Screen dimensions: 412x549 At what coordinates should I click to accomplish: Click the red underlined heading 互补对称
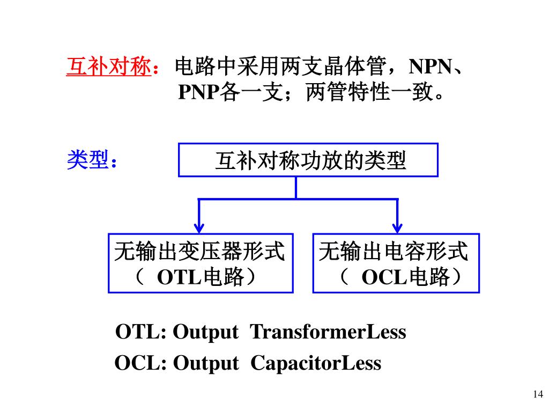(x=108, y=68)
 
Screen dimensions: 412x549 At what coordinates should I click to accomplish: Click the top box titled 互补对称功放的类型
(x=308, y=160)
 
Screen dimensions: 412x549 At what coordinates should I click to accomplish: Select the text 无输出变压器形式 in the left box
(x=200, y=251)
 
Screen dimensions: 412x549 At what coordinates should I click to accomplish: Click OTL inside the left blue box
(x=178, y=278)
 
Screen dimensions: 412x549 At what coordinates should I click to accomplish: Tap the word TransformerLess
(x=328, y=332)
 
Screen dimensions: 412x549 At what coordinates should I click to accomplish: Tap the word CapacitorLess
(x=316, y=363)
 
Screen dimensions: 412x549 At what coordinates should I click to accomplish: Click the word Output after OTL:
(x=206, y=333)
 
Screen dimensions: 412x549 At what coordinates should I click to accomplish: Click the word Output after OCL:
(x=206, y=364)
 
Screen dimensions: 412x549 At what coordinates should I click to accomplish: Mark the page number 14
(x=537, y=394)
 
